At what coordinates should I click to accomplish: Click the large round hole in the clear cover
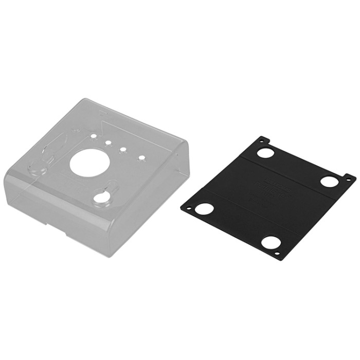[89, 163]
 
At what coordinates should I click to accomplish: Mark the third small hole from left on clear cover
[123, 150]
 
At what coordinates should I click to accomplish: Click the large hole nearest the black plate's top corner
[265, 153]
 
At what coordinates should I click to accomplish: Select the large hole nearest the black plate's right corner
[329, 181]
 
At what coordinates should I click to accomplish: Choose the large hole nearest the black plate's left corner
[204, 209]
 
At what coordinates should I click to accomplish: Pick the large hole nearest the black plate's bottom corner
[270, 242]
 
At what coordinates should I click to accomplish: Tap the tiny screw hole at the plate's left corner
[188, 208]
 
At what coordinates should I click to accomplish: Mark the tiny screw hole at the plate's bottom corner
[277, 254]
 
